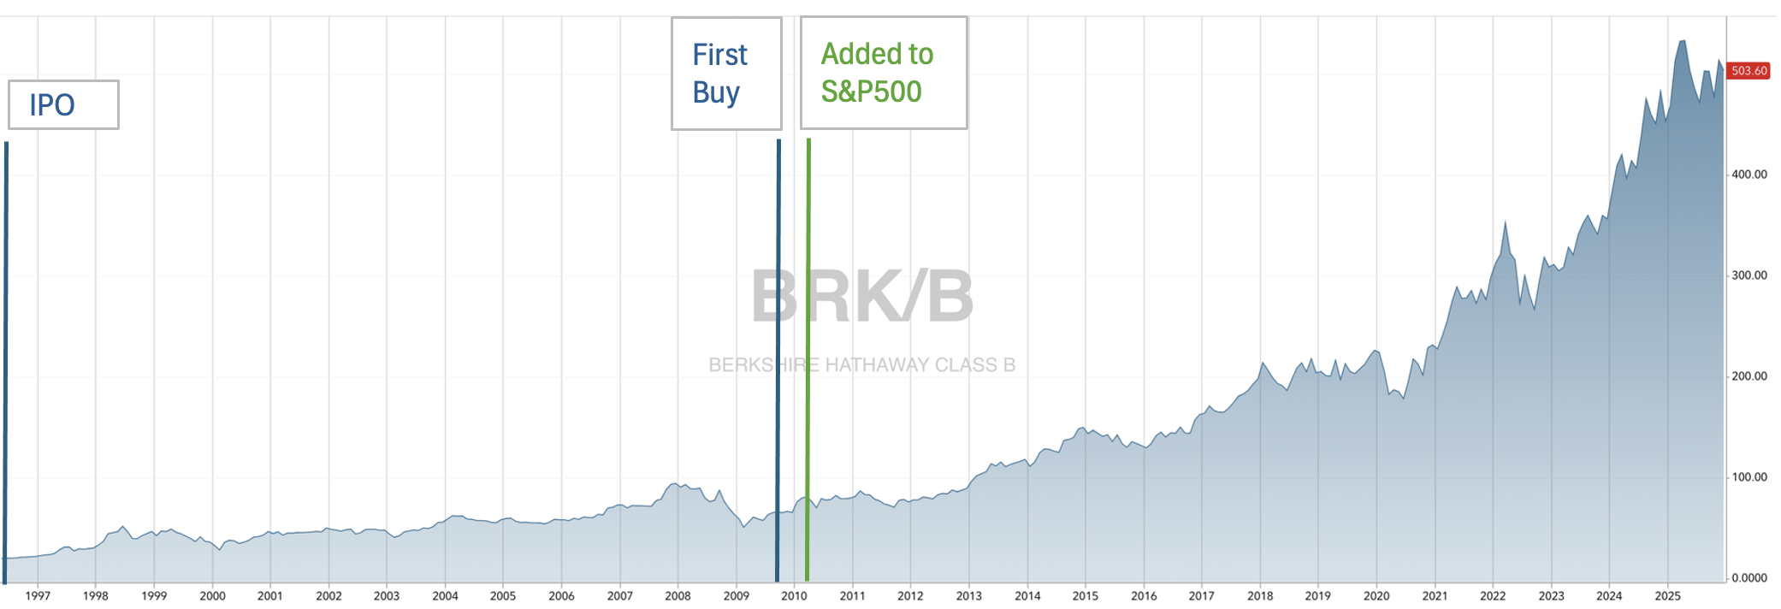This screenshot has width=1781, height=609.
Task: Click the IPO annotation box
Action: click(63, 105)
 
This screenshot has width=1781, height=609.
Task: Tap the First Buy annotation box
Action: click(726, 74)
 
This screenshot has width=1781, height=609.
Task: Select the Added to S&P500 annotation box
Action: click(884, 74)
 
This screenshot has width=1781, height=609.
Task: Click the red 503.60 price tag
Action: click(1748, 71)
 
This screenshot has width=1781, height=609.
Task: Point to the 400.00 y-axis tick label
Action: click(1748, 174)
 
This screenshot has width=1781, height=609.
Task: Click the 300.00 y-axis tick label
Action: click(1748, 275)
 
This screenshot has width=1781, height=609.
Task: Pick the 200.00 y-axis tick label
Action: click(1748, 376)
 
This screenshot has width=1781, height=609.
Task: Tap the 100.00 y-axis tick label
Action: click(1748, 477)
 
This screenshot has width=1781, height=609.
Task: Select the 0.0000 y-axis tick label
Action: click(1748, 578)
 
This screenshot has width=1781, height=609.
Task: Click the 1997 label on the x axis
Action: click(38, 596)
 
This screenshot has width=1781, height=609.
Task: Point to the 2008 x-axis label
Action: click(677, 596)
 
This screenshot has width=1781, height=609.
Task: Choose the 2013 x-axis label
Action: click(968, 596)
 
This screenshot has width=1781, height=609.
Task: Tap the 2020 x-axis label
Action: click(1376, 596)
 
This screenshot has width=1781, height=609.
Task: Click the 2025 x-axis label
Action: click(1667, 596)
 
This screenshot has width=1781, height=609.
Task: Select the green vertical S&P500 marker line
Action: click(808, 359)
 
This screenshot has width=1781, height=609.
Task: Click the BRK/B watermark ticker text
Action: click(862, 297)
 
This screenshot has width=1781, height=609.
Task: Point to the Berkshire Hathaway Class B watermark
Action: click(862, 365)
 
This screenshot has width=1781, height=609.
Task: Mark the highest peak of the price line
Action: click(1682, 41)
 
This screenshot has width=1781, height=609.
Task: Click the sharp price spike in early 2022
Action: click(1506, 223)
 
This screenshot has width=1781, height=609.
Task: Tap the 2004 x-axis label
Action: click(445, 596)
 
